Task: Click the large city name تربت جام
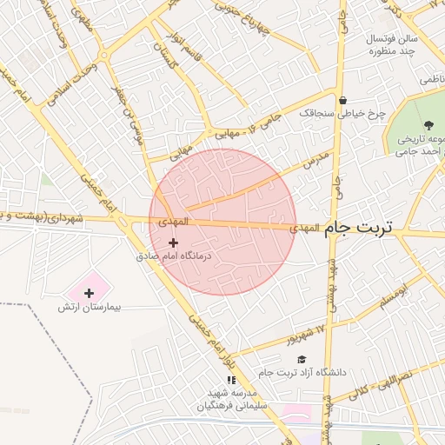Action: tap(359, 228)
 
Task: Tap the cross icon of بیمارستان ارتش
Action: tap(89, 293)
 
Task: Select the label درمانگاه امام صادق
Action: tap(174, 256)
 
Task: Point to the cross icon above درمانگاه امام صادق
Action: tap(173, 242)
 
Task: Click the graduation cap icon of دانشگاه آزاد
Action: tap(302, 359)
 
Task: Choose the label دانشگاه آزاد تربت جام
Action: tap(302, 373)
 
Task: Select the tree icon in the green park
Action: tap(428, 124)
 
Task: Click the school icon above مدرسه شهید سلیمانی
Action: tap(231, 380)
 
